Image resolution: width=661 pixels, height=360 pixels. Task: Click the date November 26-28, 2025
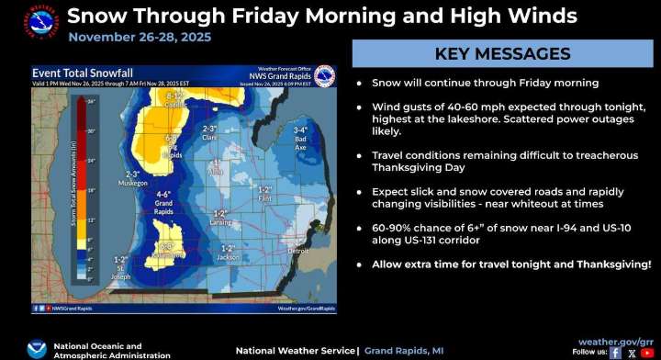[x=140, y=37]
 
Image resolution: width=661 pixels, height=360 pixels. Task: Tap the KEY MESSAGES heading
[x=502, y=53]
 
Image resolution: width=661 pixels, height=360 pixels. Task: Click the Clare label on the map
[x=209, y=136]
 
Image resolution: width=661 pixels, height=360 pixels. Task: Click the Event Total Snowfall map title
[x=71, y=73]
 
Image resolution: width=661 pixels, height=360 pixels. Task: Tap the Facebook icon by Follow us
[x=615, y=352]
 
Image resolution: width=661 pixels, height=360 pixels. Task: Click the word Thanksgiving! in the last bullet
[x=614, y=264]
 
